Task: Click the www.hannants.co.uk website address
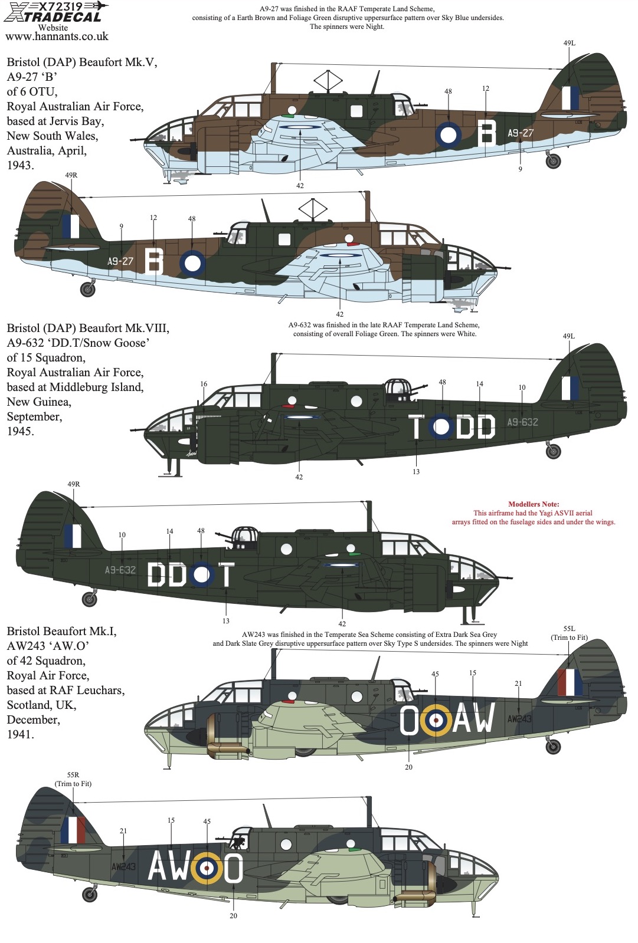click(x=57, y=37)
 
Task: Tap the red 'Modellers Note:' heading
click(x=534, y=504)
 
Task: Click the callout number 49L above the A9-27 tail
click(x=569, y=43)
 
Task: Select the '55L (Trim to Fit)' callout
click(x=569, y=633)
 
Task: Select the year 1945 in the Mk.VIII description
click(x=20, y=431)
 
